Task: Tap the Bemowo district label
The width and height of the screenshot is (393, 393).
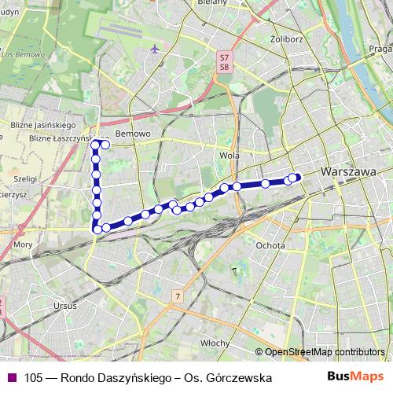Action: click(x=132, y=134)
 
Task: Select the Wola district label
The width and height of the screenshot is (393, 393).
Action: click(x=230, y=156)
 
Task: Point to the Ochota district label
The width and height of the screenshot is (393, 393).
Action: click(x=270, y=244)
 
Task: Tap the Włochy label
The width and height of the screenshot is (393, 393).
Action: click(x=214, y=343)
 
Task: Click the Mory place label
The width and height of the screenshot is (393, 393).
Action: click(x=23, y=244)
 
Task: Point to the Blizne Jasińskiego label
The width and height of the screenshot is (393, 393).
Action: click(x=42, y=124)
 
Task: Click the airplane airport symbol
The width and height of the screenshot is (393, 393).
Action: click(x=155, y=50)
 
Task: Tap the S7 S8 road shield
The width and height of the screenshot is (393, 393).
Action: click(x=225, y=62)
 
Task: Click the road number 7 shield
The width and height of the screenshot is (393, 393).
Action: click(x=178, y=296)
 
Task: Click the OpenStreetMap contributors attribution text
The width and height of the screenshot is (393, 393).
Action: click(x=325, y=352)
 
